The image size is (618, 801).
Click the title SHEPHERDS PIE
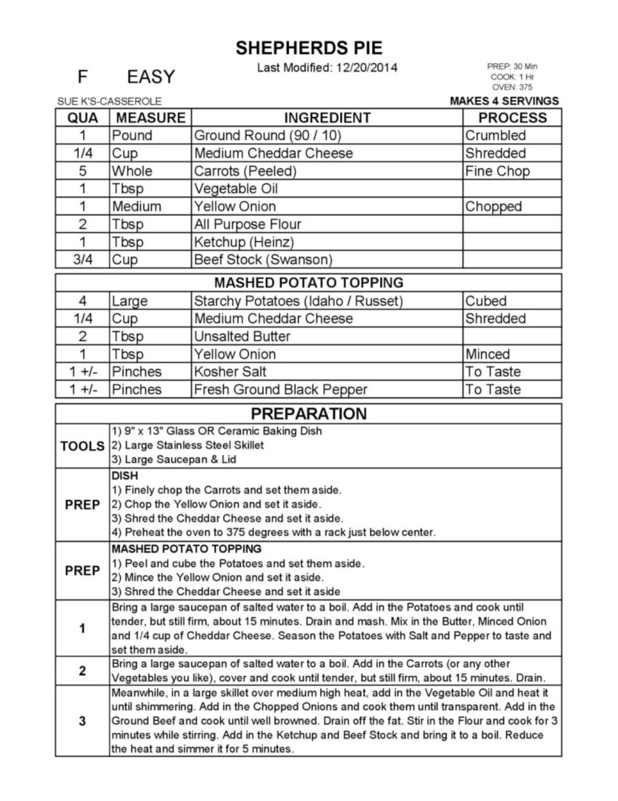(309, 48)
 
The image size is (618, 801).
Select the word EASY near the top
(151, 77)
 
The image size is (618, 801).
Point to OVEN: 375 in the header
(512, 87)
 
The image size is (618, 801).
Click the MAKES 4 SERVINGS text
(504, 101)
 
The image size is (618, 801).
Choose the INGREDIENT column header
(327, 118)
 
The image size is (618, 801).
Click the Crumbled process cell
(495, 136)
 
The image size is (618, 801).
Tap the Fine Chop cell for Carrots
(497, 171)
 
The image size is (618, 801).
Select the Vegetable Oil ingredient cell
(236, 189)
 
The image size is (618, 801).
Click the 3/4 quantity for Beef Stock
(83, 259)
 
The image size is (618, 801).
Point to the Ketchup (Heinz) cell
(244, 242)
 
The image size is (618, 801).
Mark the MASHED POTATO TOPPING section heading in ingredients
(308, 283)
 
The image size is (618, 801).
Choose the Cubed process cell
(486, 301)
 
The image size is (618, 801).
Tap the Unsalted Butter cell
(242, 336)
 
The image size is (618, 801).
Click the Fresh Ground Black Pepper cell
(280, 390)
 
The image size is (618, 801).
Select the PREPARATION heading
(308, 414)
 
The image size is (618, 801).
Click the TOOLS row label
(82, 446)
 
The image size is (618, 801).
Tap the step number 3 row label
(82, 721)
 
